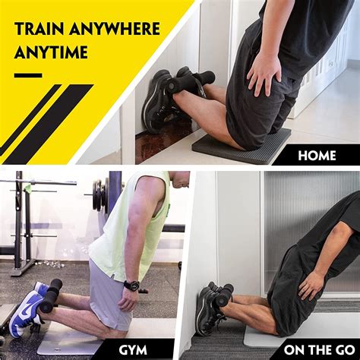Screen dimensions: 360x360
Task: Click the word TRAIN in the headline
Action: click(40, 30)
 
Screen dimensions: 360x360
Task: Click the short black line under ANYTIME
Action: click(28, 75)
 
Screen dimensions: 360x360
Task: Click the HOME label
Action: click(316, 155)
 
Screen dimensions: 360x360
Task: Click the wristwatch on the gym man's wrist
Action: click(131, 286)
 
